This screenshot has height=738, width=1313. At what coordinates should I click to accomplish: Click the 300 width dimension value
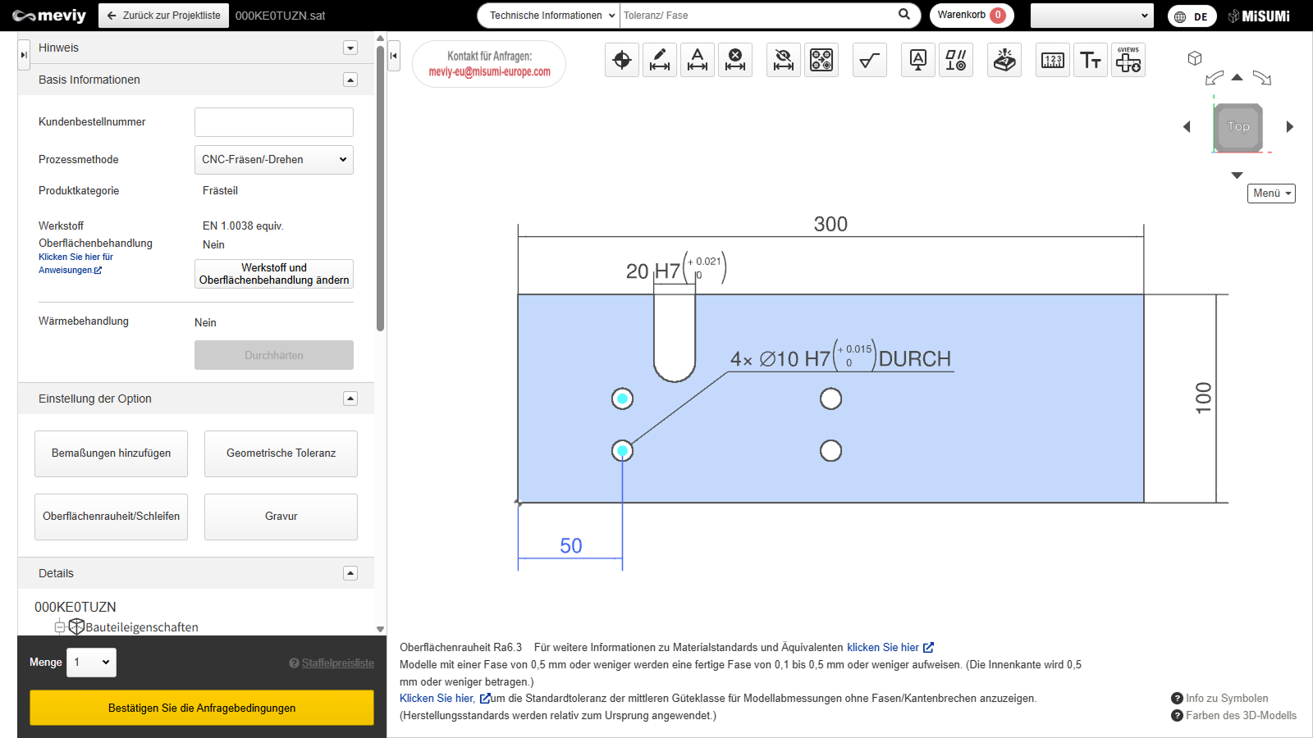tap(830, 224)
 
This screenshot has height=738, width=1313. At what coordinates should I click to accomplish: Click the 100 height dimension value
tap(1203, 399)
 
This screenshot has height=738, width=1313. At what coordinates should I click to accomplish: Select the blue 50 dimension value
tap(570, 546)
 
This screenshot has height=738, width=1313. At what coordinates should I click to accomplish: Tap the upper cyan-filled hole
tap(622, 399)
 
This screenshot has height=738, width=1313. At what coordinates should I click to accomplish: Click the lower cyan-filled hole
tap(622, 451)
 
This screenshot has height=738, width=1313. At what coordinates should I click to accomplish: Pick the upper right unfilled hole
tap(830, 399)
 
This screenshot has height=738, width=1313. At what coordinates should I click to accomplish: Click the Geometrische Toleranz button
tap(281, 453)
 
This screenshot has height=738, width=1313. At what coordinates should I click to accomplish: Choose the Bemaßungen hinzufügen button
tap(111, 453)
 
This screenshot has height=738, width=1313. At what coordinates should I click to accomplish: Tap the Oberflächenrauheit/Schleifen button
tap(111, 517)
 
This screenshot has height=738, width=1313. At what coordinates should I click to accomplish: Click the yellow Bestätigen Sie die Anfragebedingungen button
tap(202, 708)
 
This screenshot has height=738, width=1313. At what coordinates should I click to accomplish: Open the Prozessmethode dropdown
tap(274, 159)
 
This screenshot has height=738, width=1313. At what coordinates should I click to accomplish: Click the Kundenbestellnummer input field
tap(274, 122)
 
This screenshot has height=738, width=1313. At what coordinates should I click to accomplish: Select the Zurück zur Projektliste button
tap(163, 16)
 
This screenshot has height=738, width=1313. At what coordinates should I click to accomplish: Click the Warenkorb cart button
tap(972, 16)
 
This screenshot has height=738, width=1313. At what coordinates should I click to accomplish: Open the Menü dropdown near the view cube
tap(1271, 194)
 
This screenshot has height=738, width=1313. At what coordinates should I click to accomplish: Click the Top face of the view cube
tap(1238, 126)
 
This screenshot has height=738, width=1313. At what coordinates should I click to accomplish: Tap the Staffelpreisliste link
tap(337, 663)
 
